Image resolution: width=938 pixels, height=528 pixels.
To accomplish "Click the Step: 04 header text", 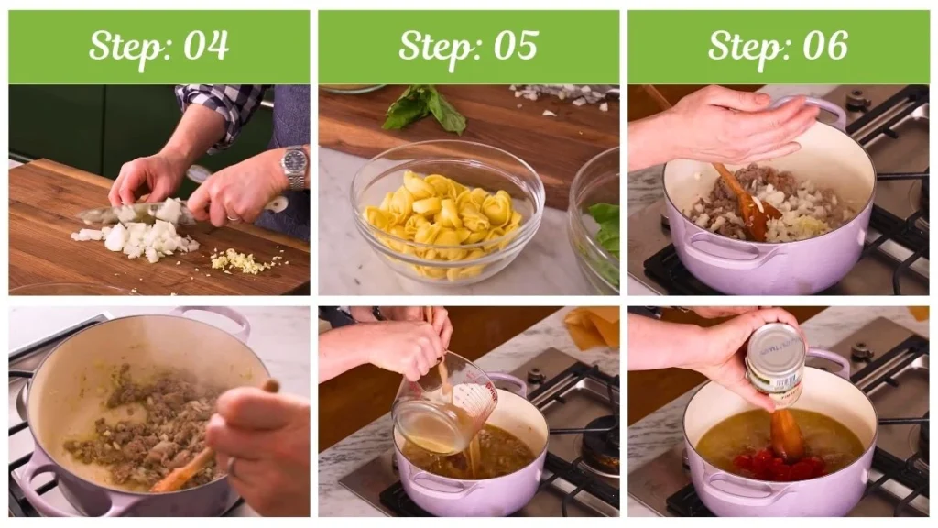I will click(x=158, y=46).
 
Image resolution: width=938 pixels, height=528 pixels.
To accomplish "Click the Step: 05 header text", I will click(x=468, y=46).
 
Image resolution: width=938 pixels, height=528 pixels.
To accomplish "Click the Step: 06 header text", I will click(x=778, y=46).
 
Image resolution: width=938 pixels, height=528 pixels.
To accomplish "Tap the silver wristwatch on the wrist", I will click(x=294, y=167).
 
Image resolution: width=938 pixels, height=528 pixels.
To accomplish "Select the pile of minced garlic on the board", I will click(x=241, y=262).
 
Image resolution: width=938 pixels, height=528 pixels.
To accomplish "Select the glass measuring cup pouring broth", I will click(x=443, y=406).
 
